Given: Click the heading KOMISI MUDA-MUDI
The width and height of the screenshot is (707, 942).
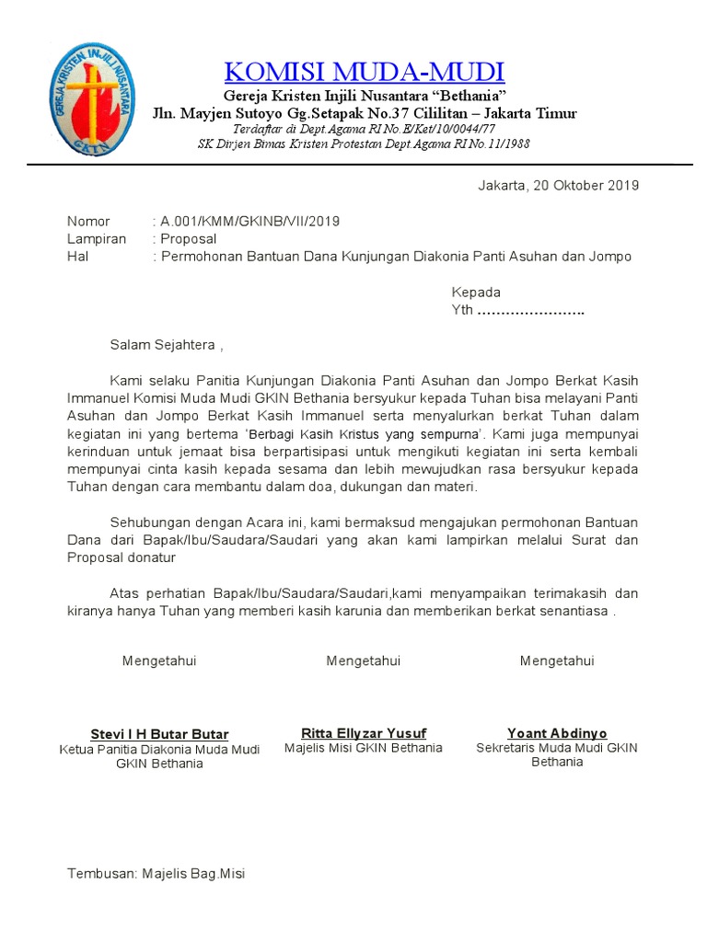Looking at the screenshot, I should coord(365,71).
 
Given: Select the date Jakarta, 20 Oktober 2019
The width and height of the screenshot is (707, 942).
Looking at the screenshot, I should coord(558,185).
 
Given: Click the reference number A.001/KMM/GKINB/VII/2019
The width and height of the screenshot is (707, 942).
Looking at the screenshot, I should coord(249,221).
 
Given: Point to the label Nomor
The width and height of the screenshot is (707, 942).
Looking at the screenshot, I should coord(88,221).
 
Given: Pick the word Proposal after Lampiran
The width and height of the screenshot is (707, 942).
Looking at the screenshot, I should coord(189,238).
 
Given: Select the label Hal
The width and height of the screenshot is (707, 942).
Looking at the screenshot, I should coord(77,257).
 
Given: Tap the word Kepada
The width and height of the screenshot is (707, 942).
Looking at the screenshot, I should coord(475,293).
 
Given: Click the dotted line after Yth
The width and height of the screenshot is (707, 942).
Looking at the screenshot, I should coord(531,311).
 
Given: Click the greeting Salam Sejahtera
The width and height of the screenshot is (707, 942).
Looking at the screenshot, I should coord(166,346).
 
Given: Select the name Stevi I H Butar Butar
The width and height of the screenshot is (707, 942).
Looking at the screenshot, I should coord(159,734).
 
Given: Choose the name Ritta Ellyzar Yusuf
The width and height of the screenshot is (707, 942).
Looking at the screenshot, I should coord(364,733).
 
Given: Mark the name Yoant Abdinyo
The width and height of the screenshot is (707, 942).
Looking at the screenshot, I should coord(557,733).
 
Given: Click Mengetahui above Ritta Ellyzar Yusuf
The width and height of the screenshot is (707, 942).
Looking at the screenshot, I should coord(364,661).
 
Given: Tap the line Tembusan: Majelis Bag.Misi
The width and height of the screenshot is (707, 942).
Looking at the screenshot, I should coord(156,874).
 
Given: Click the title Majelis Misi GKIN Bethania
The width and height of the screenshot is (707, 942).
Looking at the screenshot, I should coord(364,748).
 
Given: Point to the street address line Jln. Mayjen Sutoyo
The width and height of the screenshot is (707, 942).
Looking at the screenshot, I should coord(365,113).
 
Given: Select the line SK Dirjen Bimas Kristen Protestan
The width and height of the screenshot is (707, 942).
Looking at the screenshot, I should coord(365,144).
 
